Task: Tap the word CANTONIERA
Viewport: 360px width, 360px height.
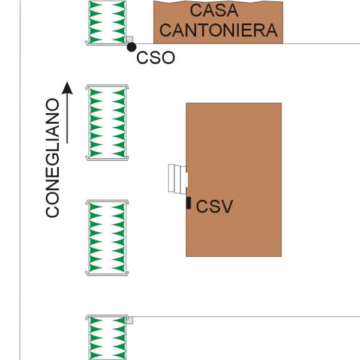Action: point(218,29)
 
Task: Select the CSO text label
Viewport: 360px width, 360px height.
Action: point(155,58)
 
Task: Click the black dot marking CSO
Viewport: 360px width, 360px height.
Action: point(131,47)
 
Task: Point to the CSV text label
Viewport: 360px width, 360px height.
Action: point(214,207)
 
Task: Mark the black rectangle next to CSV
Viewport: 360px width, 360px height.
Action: point(188,203)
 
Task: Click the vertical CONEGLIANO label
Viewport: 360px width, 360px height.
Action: point(53,157)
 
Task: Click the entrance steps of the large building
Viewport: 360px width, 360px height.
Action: point(178,178)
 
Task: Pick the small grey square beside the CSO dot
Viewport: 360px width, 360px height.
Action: point(129,40)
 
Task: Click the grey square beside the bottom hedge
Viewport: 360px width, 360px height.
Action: point(129,321)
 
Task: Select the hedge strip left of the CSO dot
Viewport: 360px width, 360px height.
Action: point(107,21)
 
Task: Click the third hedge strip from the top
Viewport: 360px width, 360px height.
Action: point(107,238)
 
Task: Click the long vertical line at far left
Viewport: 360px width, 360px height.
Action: point(20,180)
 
